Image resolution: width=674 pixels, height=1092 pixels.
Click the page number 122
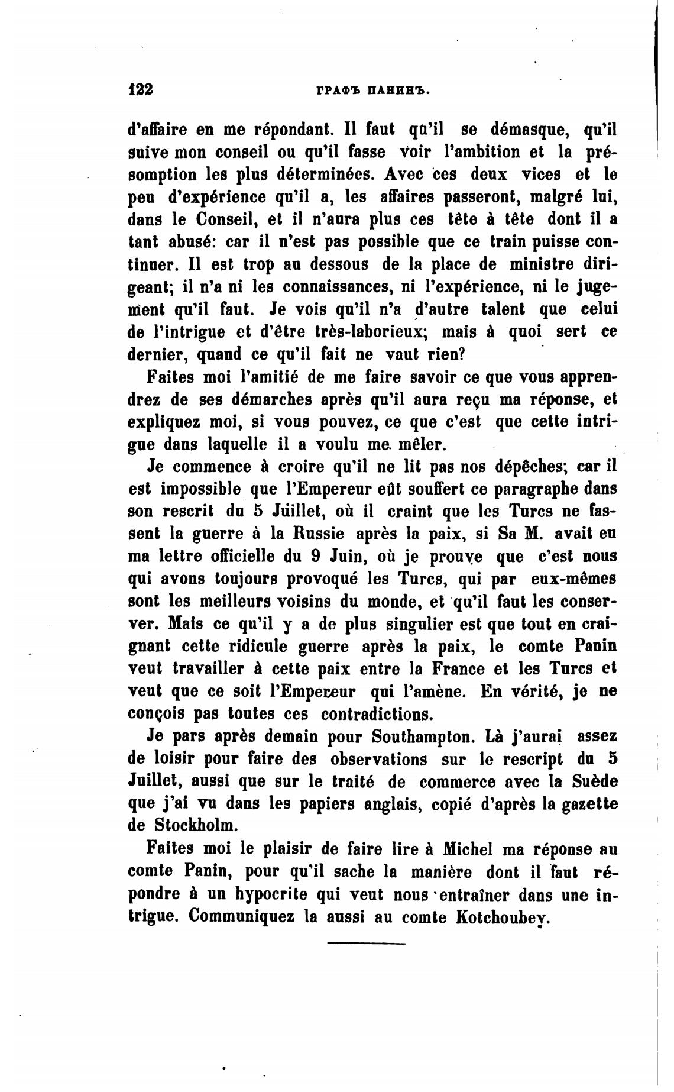tap(141, 89)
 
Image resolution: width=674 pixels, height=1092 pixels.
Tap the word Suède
tap(594, 781)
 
